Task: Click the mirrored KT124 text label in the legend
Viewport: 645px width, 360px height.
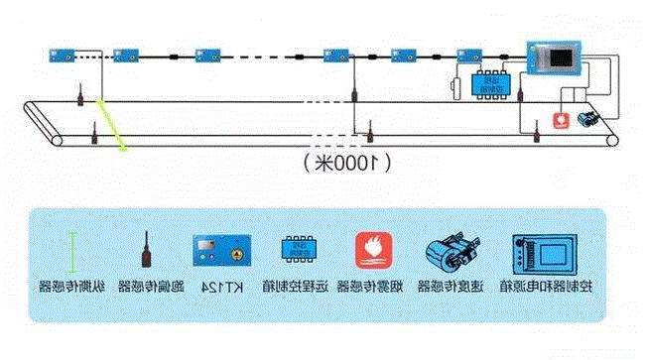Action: click(x=220, y=287)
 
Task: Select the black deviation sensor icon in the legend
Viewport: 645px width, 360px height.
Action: click(x=146, y=249)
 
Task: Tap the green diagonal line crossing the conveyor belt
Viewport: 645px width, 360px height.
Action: click(x=110, y=126)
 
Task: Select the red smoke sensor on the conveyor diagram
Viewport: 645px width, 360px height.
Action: click(x=561, y=120)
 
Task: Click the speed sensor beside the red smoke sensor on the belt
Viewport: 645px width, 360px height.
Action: click(x=584, y=118)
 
